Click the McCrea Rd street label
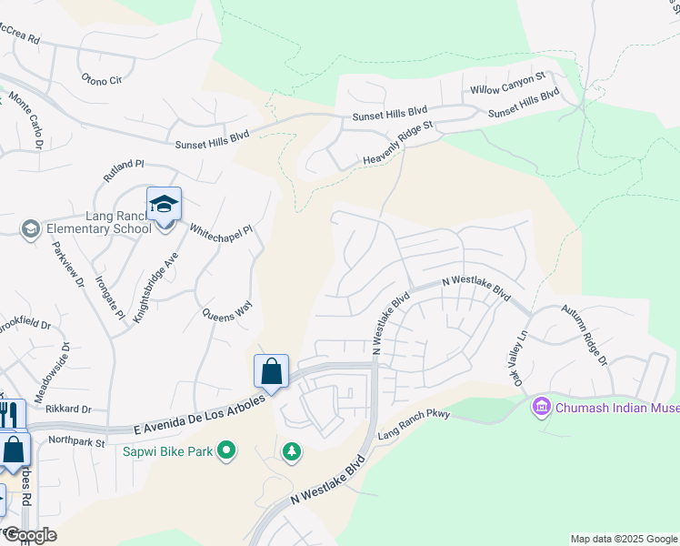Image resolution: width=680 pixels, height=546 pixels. click(20, 40)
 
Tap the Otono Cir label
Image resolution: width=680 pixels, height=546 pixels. click(102, 80)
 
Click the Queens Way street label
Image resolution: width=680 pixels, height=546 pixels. click(226, 312)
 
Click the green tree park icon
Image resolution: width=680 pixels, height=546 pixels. click(291, 450)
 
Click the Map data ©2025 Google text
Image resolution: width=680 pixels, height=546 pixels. click(623, 539)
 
